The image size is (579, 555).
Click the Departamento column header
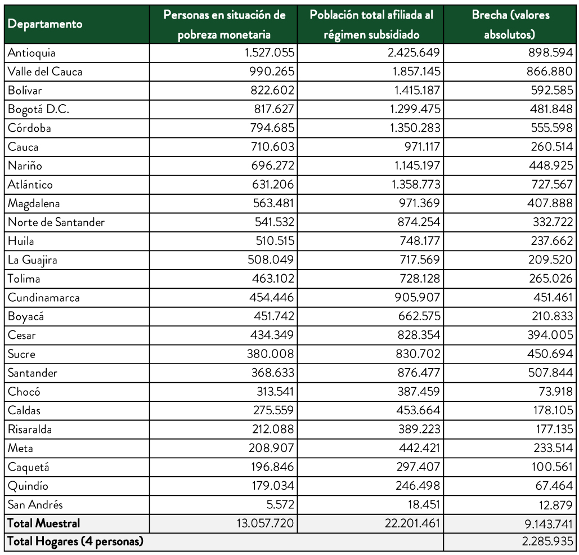[x=45, y=24]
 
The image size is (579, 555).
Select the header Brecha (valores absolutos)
[x=510, y=24]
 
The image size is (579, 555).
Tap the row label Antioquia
[x=32, y=53]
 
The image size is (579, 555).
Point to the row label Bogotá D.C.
[x=38, y=109]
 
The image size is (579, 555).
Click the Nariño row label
[x=25, y=165]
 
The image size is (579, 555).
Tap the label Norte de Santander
[x=56, y=222]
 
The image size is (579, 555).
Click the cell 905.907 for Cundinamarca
[x=417, y=298]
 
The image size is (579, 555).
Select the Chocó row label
[x=24, y=392]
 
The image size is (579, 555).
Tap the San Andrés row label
[x=35, y=505]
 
